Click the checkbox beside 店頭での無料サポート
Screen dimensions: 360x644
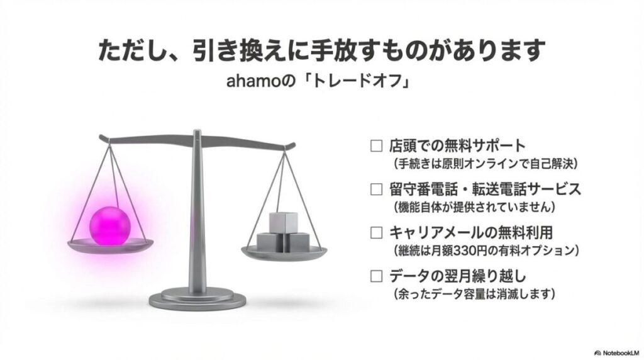pyautogui.click(x=376, y=147)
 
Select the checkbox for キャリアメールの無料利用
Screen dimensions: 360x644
pyautogui.click(x=376, y=232)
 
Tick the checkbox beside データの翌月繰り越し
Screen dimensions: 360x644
pyautogui.click(x=376, y=275)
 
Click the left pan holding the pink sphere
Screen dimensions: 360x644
pyautogui.click(x=110, y=246)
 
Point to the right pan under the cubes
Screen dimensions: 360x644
pyautogui.click(x=284, y=252)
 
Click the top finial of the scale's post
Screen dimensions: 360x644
pyautogui.click(x=197, y=132)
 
